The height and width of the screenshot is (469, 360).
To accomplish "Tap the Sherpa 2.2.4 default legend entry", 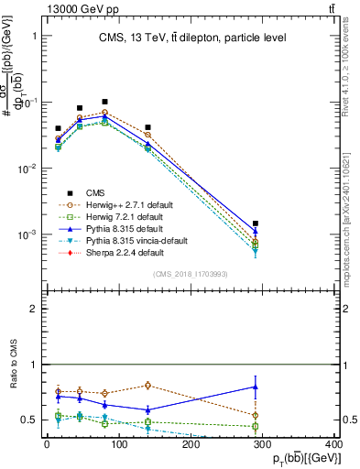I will (x=113, y=252).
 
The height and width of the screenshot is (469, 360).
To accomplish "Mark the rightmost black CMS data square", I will (x=256, y=224).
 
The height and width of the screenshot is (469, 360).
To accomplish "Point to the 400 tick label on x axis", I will (x=336, y=444).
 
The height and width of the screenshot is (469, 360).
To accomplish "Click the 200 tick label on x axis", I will (x=191, y=444).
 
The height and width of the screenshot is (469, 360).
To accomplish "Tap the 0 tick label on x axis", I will (x=47, y=444).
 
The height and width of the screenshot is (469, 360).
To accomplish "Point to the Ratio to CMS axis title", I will (x=11, y=365).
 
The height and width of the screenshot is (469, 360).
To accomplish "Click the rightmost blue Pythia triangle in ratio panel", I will (x=256, y=387).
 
